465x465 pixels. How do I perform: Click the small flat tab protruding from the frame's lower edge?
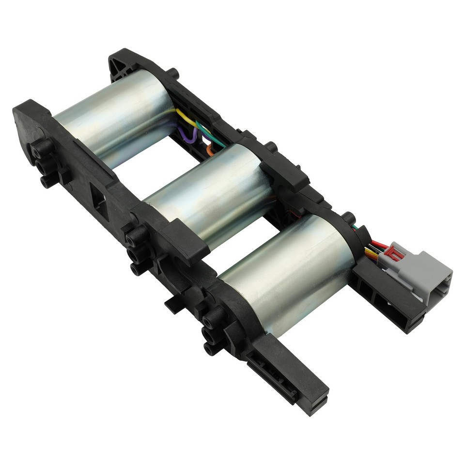click(x=172, y=305)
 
